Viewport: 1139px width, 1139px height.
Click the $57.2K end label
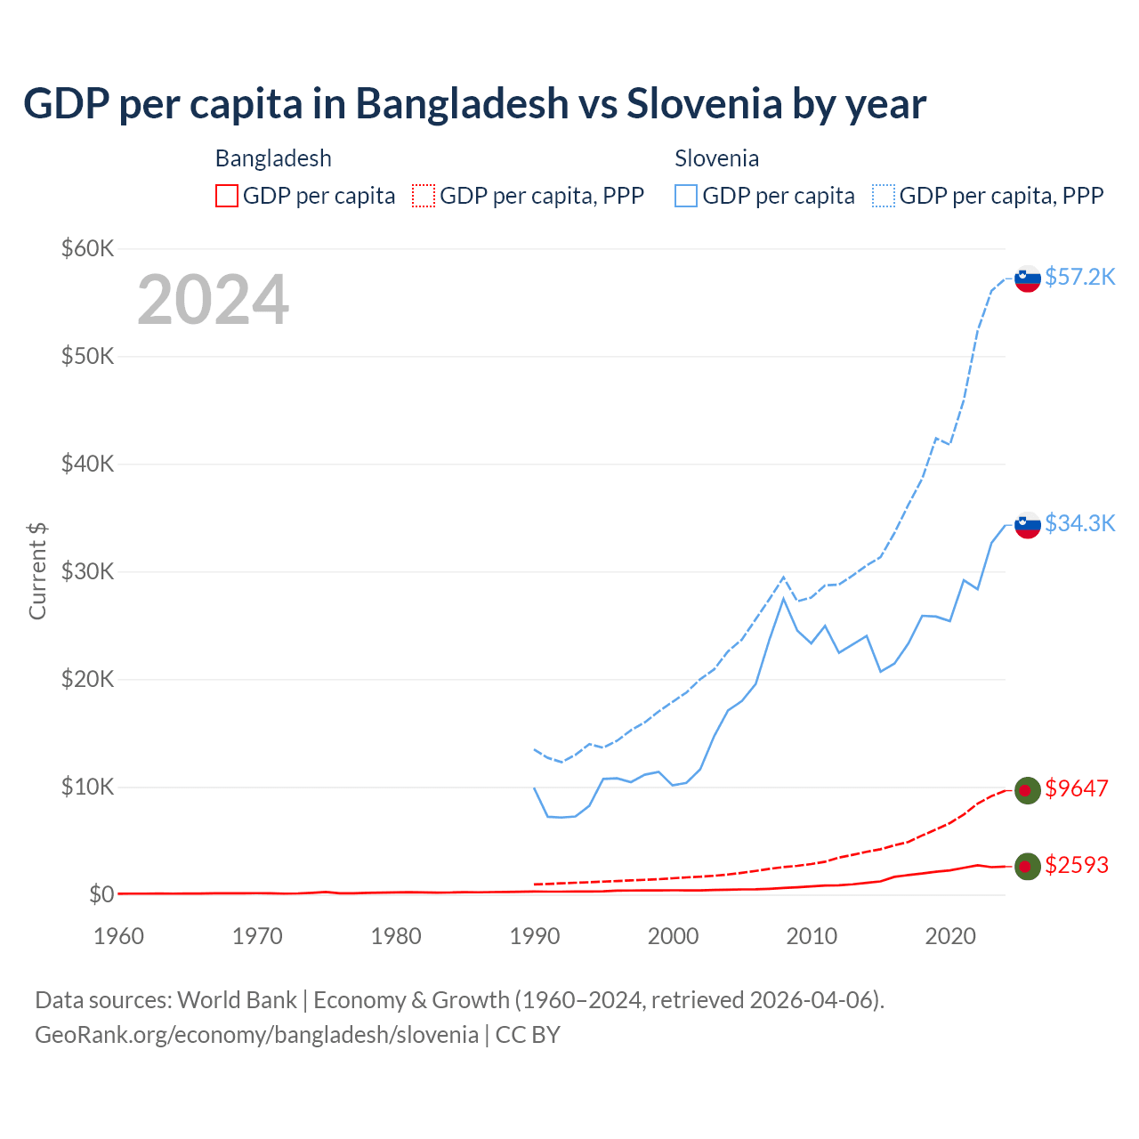click(1079, 277)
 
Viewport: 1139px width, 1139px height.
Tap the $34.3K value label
click(1079, 523)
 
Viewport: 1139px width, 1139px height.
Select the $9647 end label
click(1077, 788)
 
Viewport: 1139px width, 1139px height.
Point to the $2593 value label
click(1077, 865)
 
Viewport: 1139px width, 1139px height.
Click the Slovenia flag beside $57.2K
click(1028, 279)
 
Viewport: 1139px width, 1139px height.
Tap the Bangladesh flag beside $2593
click(1028, 866)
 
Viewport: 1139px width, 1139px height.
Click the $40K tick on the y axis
click(87, 464)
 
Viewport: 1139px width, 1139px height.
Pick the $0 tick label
click(101, 894)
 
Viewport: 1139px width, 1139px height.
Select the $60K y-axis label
click(87, 248)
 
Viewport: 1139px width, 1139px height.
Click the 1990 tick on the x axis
click(535, 936)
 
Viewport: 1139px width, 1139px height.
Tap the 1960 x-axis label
click(118, 936)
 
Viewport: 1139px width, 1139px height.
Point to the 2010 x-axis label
click(812, 936)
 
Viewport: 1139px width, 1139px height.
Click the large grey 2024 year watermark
click(213, 300)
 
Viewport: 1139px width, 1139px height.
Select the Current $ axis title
click(37, 571)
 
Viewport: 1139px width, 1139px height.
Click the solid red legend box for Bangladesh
click(227, 196)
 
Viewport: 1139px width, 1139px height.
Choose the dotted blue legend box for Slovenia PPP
click(884, 196)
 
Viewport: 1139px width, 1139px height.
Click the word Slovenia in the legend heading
click(716, 158)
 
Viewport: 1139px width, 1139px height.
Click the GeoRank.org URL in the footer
click(256, 1035)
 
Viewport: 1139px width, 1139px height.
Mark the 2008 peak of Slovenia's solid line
click(783, 598)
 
